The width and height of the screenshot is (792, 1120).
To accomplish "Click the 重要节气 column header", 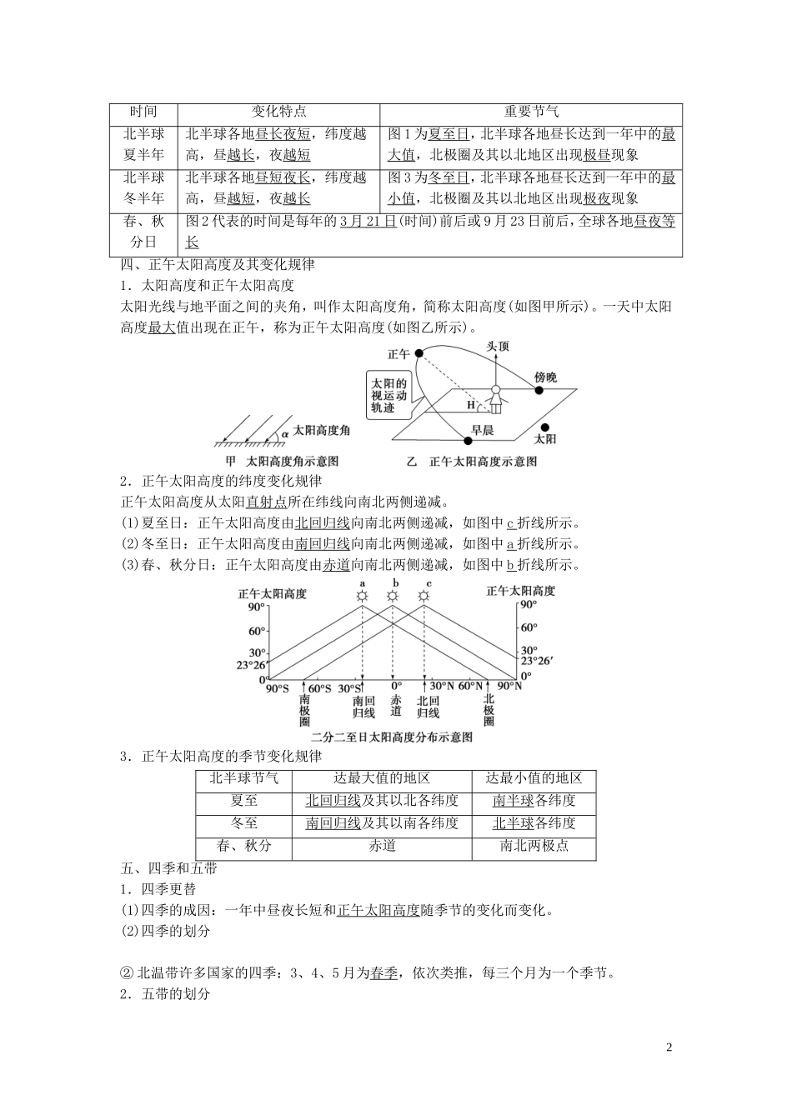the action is (x=531, y=112).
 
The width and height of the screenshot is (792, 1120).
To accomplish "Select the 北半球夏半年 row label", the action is (x=144, y=144).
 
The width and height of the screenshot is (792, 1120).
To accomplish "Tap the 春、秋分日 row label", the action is (x=144, y=231).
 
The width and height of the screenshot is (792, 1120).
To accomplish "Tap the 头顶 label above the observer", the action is (x=497, y=346).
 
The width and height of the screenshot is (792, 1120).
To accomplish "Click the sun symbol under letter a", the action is (x=363, y=596).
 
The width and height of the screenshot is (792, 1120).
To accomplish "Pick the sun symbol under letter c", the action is (x=424, y=596).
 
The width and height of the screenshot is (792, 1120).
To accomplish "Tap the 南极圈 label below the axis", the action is (x=306, y=709).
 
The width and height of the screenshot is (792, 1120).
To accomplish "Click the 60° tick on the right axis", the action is (x=529, y=627).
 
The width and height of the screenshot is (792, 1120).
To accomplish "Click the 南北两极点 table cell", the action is (x=534, y=845).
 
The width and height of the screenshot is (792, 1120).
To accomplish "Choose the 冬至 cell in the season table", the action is (x=243, y=823).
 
